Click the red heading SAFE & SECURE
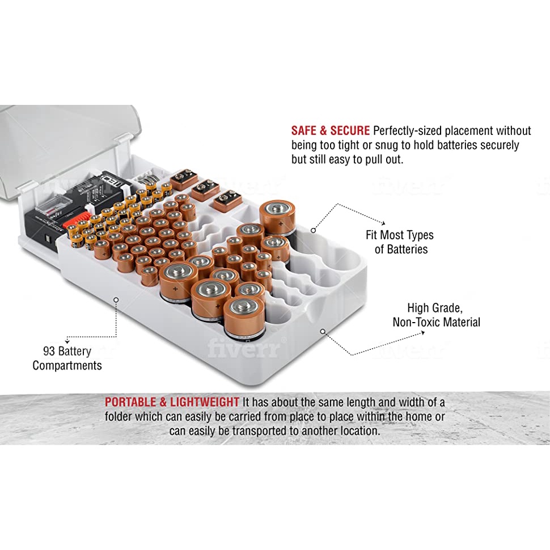330,130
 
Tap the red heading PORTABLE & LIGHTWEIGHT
172,402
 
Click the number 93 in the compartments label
49,351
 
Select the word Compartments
67,366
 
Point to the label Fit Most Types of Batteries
400,242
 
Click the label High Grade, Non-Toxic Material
436,315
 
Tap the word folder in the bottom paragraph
119,417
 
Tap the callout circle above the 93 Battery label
116,300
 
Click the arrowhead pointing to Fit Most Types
384,223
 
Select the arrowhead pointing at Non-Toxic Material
423,332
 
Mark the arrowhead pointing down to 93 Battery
67,341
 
